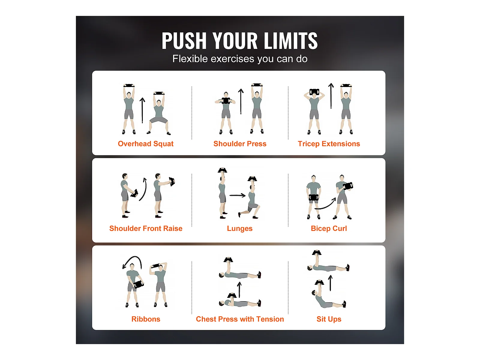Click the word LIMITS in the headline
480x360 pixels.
point(290,41)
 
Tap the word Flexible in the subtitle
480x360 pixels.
point(190,59)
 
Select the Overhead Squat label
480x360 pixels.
point(145,144)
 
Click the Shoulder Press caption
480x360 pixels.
point(240,144)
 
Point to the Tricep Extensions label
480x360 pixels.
point(329,144)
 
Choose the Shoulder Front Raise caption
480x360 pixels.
point(146,228)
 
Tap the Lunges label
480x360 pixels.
point(240,229)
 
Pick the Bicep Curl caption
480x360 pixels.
point(329,229)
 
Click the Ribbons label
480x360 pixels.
point(146,319)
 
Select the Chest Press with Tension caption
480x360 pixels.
point(240,319)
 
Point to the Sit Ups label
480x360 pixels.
point(329,319)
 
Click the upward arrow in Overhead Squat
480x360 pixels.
point(142,110)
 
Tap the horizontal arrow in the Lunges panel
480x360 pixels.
point(238,195)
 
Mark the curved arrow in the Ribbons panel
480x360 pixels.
point(134,257)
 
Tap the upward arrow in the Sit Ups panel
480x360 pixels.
point(330,283)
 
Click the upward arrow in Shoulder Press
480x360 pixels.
point(241,101)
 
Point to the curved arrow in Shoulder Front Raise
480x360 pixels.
point(143,189)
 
